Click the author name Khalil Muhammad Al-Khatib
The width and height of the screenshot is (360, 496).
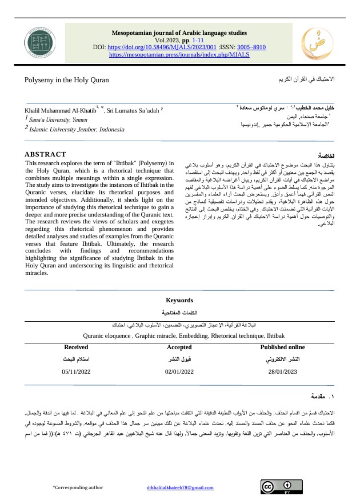click(x=61, y=109)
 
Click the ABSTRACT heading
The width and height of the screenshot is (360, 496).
click(x=46, y=154)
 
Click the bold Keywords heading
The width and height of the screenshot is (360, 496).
click(x=179, y=300)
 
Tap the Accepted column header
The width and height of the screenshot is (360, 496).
click(x=180, y=347)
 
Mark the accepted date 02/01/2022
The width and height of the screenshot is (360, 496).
click(x=180, y=372)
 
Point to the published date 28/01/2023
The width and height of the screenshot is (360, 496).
click(x=283, y=372)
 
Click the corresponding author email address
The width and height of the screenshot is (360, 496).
click(x=179, y=487)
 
